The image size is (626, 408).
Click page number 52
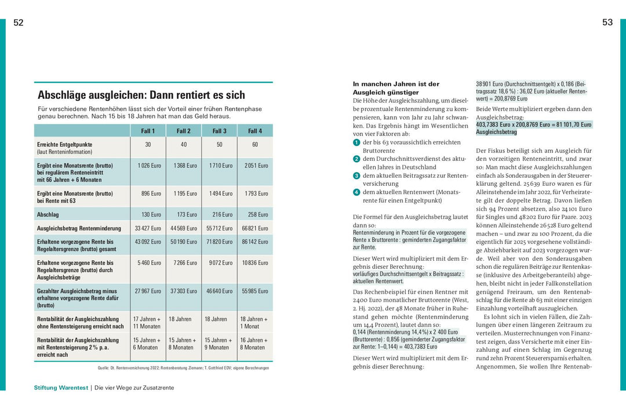19,23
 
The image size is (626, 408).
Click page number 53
607,23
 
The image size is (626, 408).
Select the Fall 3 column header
219,131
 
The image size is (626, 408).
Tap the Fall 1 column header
148,131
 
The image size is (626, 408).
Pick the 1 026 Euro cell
150,165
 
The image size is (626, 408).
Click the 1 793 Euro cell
256,193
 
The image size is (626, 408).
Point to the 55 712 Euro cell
220,229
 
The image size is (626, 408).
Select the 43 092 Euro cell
148,242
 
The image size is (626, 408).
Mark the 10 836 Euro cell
256,263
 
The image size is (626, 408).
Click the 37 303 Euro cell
184,291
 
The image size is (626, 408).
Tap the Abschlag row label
49,215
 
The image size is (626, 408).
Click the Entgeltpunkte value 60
255,145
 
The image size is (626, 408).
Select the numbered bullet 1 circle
356,142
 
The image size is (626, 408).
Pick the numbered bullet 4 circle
356,192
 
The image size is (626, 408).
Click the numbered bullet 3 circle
356,175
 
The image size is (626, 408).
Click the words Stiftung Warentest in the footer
60,388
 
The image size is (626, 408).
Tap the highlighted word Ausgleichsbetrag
496,132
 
